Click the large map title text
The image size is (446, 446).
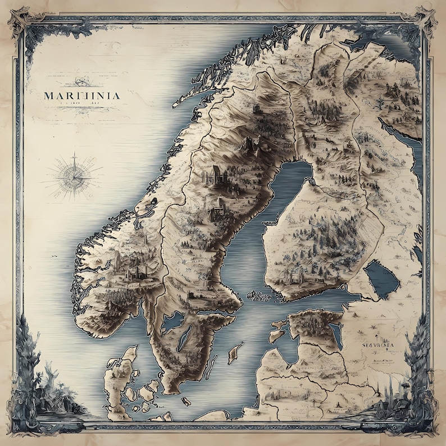(x=81, y=95)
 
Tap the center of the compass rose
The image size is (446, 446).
(x=74, y=174)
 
